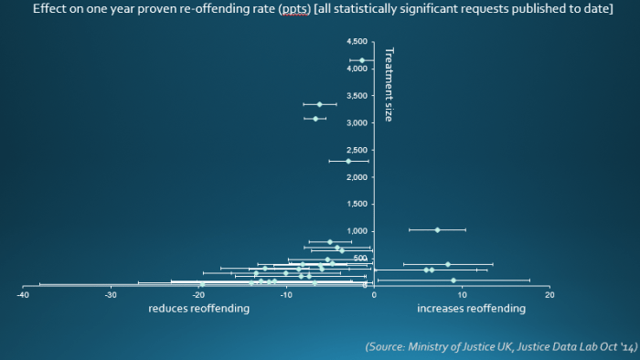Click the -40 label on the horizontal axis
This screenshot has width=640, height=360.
click(x=23, y=295)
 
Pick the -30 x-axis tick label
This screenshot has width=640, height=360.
click(x=111, y=295)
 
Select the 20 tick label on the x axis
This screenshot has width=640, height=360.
click(x=549, y=295)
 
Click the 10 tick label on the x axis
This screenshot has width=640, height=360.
click(x=462, y=295)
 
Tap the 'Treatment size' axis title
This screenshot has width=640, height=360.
click(x=389, y=84)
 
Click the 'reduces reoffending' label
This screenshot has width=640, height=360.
click(x=198, y=309)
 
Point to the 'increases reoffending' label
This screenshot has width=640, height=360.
click(x=471, y=309)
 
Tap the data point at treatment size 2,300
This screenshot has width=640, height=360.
click(x=348, y=161)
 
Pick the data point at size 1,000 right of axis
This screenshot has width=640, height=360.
click(x=437, y=230)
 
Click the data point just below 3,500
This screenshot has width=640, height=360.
click(x=319, y=104)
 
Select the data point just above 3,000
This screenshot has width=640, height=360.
click(x=315, y=119)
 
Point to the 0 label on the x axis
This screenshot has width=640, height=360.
click(x=374, y=295)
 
